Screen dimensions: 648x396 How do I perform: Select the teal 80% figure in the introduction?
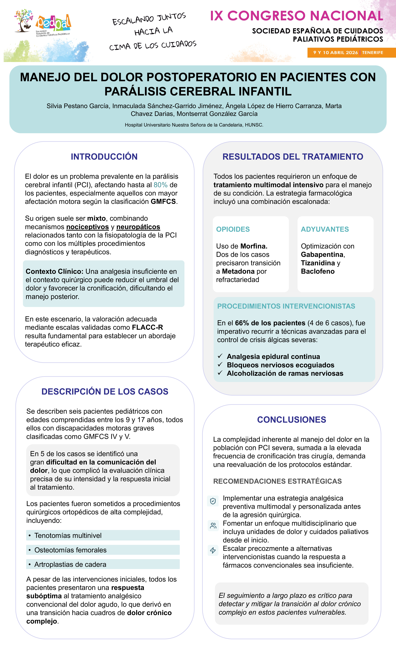pyautogui.click(x=161, y=185)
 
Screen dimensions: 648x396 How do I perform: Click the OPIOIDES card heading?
pyautogui.click(x=233, y=229)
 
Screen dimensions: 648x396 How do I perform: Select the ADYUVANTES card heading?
pyautogui.click(x=325, y=229)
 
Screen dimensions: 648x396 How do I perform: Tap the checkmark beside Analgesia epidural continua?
pyautogui.click(x=220, y=356)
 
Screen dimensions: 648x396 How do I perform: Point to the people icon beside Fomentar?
pyautogui.click(x=213, y=526)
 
